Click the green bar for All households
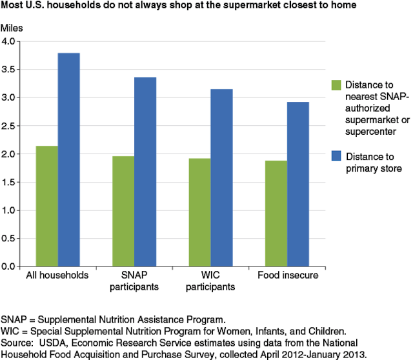(46, 206)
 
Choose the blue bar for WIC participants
(221, 177)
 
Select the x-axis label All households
(57, 276)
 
